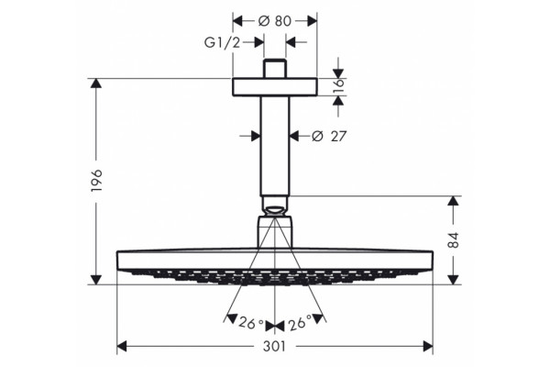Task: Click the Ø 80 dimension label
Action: tap(275, 21)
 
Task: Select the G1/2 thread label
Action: tap(223, 42)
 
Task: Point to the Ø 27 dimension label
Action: tap(329, 136)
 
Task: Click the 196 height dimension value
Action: tap(96, 180)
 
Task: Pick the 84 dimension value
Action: tap(453, 239)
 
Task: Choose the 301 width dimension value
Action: tap(275, 347)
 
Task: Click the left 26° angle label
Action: tap(251, 323)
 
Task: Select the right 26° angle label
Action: tap(300, 323)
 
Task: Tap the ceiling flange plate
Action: tap(275, 87)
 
